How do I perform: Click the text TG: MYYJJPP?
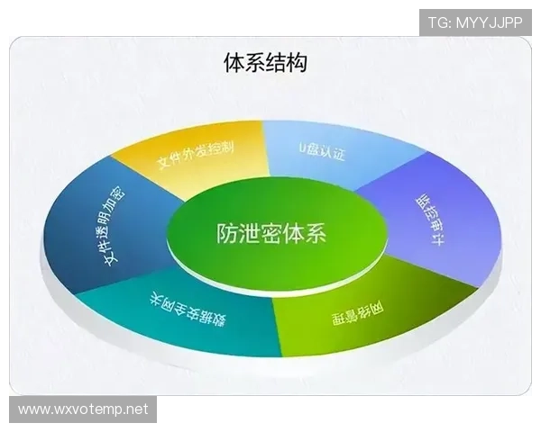coord(475,21)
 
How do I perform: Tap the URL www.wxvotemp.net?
coord(82,409)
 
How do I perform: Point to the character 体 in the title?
coord(234,63)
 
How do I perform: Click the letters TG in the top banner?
coord(437,21)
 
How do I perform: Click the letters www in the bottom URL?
coord(34,409)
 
